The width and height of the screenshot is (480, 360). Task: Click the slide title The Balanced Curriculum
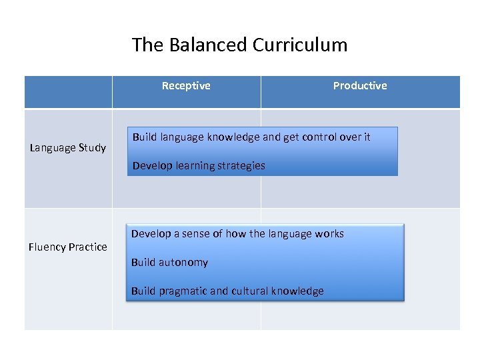tap(239, 45)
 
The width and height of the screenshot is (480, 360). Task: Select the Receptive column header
tap(186, 85)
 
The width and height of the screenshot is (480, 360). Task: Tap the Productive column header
tap(360, 85)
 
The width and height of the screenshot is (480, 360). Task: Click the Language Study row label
tap(68, 147)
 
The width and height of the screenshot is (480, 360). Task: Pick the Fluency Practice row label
tap(68, 247)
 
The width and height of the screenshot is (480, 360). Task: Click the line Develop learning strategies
tap(199, 165)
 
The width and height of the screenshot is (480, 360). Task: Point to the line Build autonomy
tap(169, 262)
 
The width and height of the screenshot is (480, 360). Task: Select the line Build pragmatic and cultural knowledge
tap(227, 291)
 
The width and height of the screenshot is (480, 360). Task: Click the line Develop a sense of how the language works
tap(237, 233)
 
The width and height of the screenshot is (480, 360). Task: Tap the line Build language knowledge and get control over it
tap(251, 137)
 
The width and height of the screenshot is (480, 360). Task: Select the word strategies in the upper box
tap(240, 165)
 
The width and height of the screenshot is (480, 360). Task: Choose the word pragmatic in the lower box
tap(184, 291)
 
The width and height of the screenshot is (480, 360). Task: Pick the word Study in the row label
tap(92, 147)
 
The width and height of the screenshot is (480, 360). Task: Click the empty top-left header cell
tap(68, 92)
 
